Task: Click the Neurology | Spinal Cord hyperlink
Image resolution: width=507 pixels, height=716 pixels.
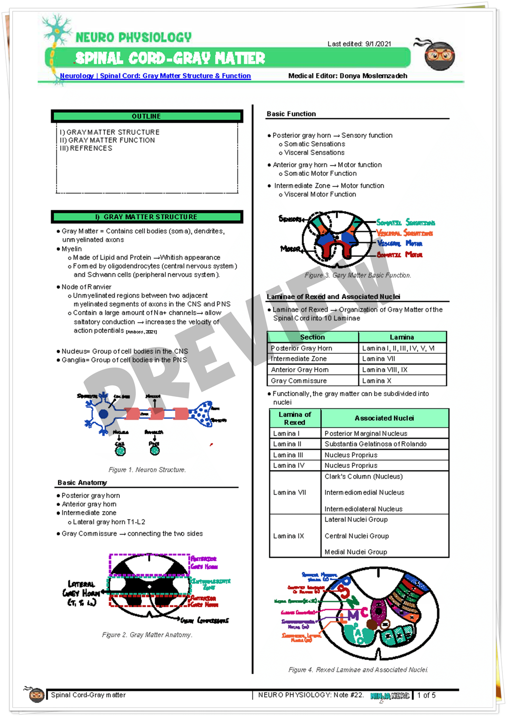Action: point(155,76)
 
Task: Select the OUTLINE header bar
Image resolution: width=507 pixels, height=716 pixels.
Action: point(147,116)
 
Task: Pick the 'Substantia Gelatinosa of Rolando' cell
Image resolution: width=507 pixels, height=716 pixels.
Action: point(375,444)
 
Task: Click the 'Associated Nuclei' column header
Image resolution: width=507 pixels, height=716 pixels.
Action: point(384,418)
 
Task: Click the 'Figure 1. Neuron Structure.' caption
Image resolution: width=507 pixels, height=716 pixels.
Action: point(147,470)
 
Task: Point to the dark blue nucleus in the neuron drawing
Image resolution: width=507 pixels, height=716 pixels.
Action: point(103,414)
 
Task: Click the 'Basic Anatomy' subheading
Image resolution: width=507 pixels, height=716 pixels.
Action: point(82,482)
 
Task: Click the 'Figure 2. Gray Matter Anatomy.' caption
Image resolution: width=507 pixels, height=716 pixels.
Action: point(147,635)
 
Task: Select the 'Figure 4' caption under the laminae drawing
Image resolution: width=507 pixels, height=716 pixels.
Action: point(358,669)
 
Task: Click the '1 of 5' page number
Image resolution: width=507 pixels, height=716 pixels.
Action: point(426,695)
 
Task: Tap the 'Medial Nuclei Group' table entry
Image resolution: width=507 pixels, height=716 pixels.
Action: point(356,552)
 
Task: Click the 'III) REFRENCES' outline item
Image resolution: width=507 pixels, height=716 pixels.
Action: point(86,148)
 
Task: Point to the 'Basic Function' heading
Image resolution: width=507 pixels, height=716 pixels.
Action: point(291,114)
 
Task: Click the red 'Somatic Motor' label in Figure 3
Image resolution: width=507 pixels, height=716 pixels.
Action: point(399,254)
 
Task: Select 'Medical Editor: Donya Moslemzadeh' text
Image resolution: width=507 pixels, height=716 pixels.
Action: point(348,76)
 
